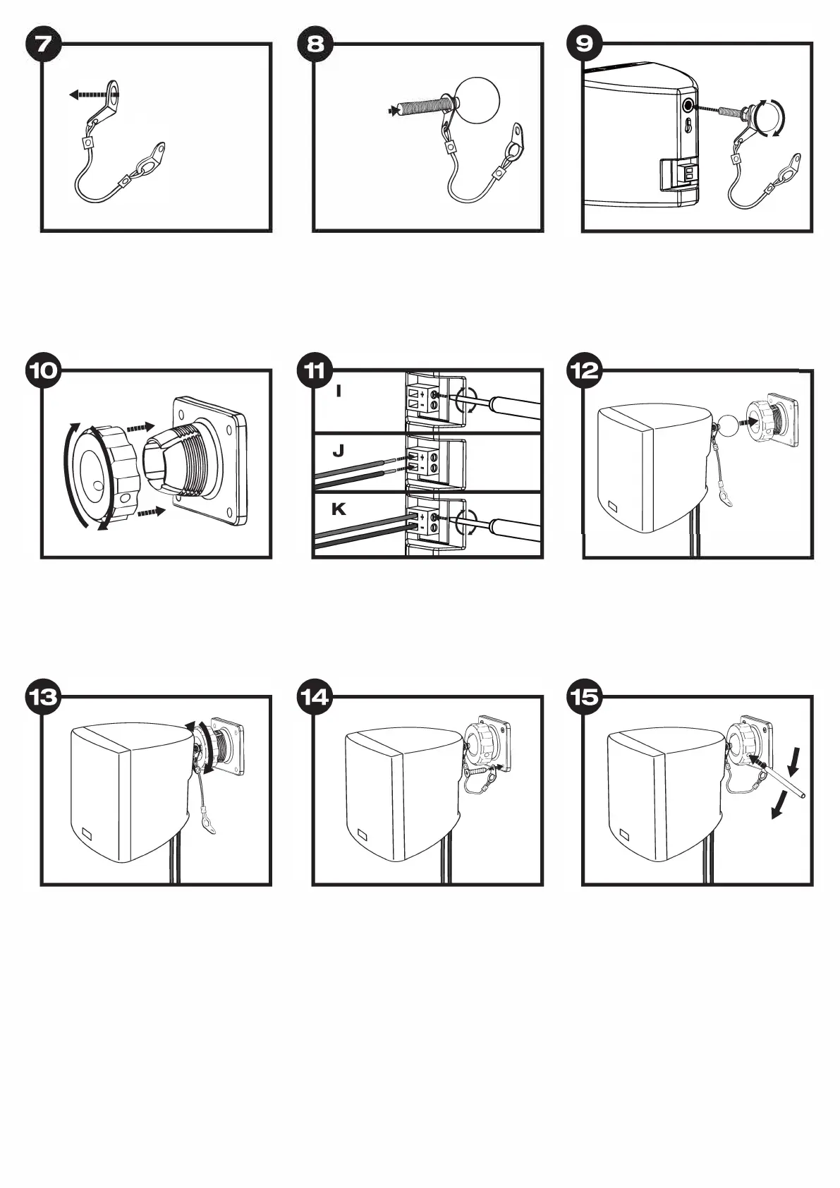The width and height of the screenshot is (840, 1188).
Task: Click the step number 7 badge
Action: pos(43,44)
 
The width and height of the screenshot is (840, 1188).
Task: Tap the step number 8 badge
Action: pos(315,44)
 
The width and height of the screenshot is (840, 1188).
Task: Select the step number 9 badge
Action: pos(585,44)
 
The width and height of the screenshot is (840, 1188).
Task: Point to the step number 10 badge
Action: pos(43,370)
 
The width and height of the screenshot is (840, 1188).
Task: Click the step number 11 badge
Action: pos(315,370)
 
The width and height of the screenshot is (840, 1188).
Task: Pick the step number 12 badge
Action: pos(585,370)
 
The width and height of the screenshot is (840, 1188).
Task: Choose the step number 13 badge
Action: pos(43,697)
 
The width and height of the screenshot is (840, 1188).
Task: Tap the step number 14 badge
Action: pos(315,697)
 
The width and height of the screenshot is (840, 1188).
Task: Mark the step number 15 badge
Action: pos(585,697)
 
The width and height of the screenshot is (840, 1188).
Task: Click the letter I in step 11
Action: pos(339,390)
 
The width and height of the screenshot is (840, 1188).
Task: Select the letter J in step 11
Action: pos(339,449)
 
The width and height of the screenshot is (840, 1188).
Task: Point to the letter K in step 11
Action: pos(339,509)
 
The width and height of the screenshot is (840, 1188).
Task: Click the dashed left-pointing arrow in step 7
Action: pos(92,94)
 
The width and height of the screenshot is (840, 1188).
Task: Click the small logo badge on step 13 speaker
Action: pos(87,832)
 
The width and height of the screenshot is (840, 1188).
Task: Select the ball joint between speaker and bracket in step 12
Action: pos(724,426)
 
